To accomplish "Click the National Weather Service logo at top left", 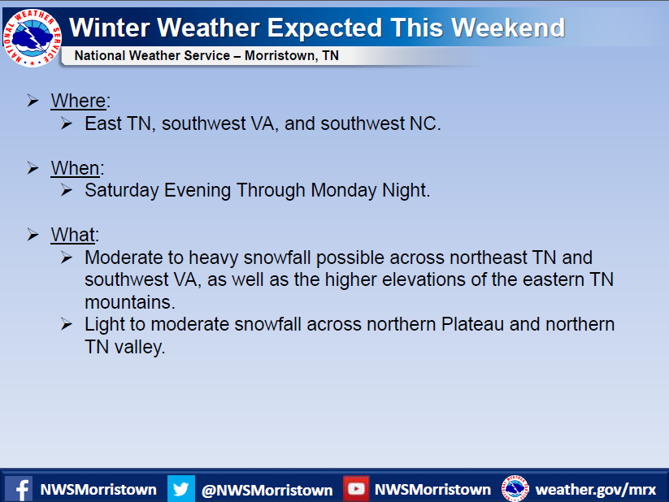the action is click(32, 37).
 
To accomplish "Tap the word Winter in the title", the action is click(109, 28).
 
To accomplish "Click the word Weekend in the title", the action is click(508, 28).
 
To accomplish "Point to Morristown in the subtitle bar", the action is click(280, 56).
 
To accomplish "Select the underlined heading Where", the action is click(78, 101).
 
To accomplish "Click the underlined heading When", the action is click(75, 168).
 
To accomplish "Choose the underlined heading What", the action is click(73, 235).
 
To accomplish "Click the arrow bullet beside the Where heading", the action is click(33, 101).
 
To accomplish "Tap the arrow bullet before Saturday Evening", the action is click(66, 190).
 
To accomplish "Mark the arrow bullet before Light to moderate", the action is click(66, 324).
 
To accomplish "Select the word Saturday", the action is click(122, 191).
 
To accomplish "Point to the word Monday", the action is click(344, 190).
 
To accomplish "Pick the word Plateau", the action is click(472, 324).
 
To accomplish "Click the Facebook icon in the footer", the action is click(19, 489).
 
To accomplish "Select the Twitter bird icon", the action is click(181, 489).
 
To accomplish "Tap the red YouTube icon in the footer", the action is click(356, 489).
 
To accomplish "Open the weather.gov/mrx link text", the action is click(596, 490).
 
